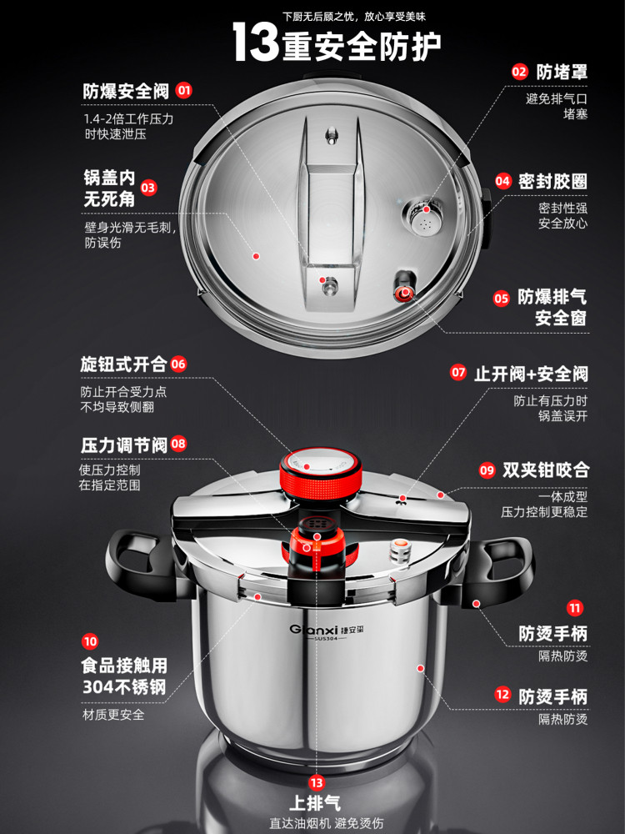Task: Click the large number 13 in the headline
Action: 255,43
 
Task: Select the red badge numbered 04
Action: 502,181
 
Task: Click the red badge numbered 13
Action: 316,782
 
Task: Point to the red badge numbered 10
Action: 90,641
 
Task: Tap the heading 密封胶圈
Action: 552,181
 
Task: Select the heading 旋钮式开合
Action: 123,364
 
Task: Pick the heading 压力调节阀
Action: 123,445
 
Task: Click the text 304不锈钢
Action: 124,688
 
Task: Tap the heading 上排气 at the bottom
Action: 315,805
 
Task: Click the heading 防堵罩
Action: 562,72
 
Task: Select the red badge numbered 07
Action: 458,373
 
